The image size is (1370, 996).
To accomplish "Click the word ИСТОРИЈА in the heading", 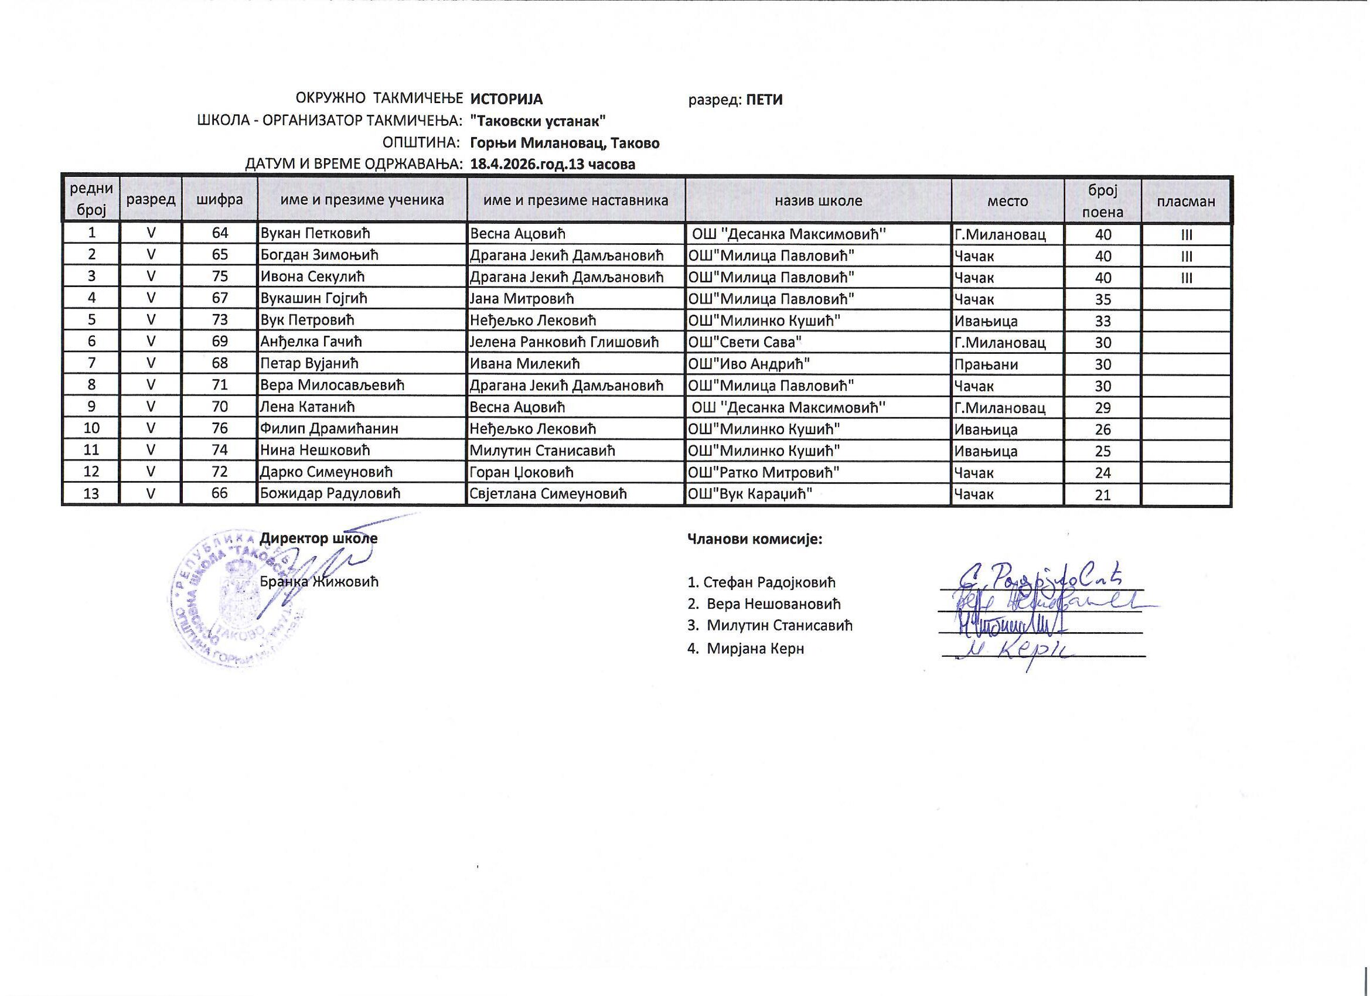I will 506,99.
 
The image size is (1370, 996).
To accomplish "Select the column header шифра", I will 219,200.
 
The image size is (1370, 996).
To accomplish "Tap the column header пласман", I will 1186,201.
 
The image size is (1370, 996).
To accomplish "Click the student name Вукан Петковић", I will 315,234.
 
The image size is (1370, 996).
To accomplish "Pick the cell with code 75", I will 219,277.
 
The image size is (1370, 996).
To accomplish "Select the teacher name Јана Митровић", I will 522,298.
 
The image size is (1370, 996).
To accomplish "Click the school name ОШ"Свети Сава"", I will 745,342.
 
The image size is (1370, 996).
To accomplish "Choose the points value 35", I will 1103,299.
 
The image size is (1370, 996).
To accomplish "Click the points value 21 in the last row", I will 1103,495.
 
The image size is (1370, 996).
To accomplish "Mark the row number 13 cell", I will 91,493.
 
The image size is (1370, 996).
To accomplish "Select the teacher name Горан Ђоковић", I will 522,472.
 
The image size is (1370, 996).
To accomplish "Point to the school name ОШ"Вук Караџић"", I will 749,493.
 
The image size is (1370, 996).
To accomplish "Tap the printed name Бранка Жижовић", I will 319,582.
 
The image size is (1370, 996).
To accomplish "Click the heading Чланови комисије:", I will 755,539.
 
